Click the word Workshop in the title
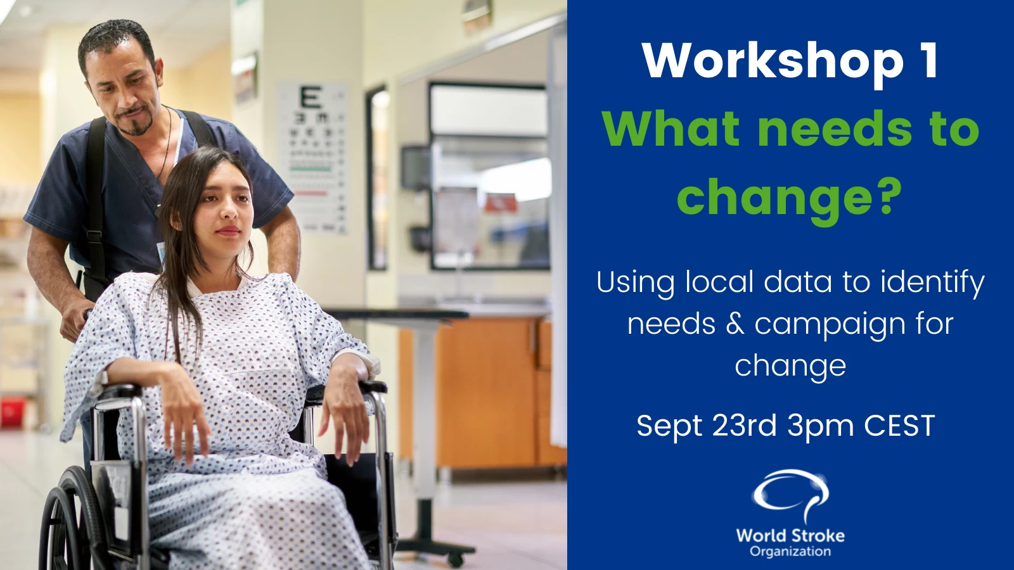(773, 62)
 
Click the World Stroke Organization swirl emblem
(790, 495)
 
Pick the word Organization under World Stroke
(790, 552)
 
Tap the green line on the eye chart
(311, 169)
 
